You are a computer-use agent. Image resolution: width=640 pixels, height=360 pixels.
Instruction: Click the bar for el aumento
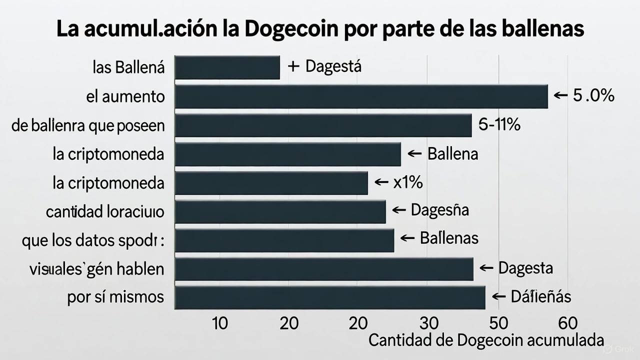[361, 97]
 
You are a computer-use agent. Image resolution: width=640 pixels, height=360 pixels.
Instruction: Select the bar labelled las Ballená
[227, 67]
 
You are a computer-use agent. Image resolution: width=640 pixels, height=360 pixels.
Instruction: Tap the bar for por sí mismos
[330, 298]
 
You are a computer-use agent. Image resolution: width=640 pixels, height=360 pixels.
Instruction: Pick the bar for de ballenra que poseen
[323, 125]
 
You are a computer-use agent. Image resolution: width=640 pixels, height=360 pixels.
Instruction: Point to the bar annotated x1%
[271, 183]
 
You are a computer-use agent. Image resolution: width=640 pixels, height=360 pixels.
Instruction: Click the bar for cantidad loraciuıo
[280, 211]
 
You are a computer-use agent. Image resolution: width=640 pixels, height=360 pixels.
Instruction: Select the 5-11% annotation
[499, 125]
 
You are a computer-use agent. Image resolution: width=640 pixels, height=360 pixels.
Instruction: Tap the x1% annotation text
[407, 182]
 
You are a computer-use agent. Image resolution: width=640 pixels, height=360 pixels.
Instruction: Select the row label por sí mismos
[115, 297]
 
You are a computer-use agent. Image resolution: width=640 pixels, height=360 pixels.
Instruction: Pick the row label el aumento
[125, 96]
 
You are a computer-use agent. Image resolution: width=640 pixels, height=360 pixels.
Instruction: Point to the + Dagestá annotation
[325, 66]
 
